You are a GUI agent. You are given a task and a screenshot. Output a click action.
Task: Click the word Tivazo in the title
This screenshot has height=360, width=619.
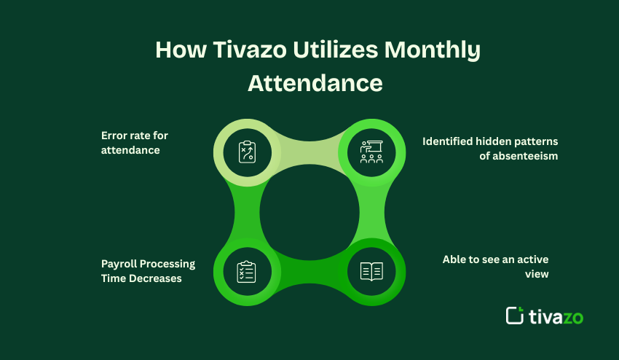pyautogui.click(x=241, y=50)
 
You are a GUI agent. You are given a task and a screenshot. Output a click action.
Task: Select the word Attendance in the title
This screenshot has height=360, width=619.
pyautogui.click(x=315, y=82)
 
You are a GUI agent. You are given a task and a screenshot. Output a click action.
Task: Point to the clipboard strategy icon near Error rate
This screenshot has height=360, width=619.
pyautogui.click(x=247, y=152)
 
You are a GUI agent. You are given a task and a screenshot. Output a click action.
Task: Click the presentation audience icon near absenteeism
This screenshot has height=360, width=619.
pyautogui.click(x=371, y=152)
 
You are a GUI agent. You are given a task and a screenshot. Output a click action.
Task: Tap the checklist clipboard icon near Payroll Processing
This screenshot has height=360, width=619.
pyautogui.click(x=247, y=271)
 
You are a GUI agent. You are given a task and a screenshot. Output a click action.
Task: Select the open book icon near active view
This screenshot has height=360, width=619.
pyautogui.click(x=371, y=271)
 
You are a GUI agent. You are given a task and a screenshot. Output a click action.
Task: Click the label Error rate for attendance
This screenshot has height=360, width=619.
pyautogui.click(x=135, y=142)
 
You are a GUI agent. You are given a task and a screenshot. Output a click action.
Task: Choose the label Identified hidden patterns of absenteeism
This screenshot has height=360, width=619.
pyautogui.click(x=490, y=148)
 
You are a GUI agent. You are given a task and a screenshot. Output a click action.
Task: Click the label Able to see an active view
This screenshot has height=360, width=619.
pyautogui.click(x=495, y=267)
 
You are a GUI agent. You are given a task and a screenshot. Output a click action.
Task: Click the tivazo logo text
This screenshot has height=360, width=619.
pyautogui.click(x=556, y=316)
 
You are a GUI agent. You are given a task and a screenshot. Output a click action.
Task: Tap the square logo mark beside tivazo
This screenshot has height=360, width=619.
pyautogui.click(x=515, y=315)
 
